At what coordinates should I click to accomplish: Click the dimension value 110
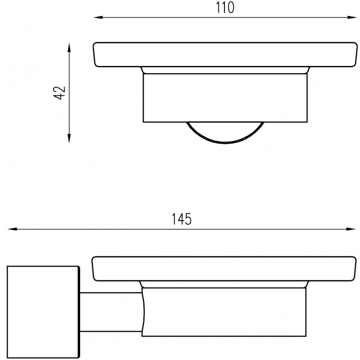tap(225, 8)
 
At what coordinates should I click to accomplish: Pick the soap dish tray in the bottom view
tap(224, 268)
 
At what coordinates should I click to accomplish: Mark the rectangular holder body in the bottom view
tap(224, 311)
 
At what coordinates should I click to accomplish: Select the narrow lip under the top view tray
tap(225, 70)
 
